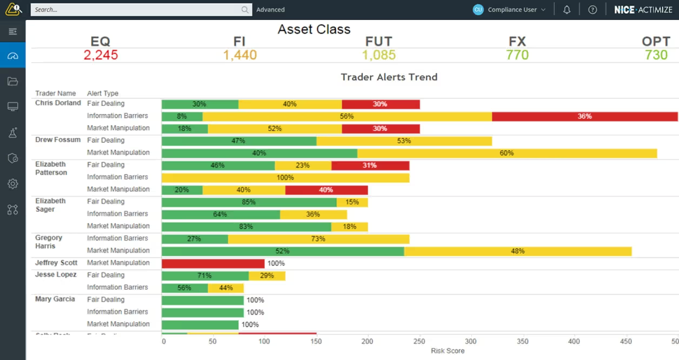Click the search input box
135,10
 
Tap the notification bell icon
567,10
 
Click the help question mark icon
593,10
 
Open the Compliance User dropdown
509,10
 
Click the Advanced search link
270,10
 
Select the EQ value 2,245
101,55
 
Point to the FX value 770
517,55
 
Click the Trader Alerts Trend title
389,77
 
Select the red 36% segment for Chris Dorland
584,116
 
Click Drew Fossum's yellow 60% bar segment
507,153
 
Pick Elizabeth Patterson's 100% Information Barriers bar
285,177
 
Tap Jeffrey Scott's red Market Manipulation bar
213,263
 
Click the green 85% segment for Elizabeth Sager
249,202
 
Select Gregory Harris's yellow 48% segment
517,251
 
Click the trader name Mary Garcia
55,299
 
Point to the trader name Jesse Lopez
56,275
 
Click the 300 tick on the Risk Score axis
470,342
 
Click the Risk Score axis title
447,351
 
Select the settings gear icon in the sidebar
13,184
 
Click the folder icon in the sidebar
13,82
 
